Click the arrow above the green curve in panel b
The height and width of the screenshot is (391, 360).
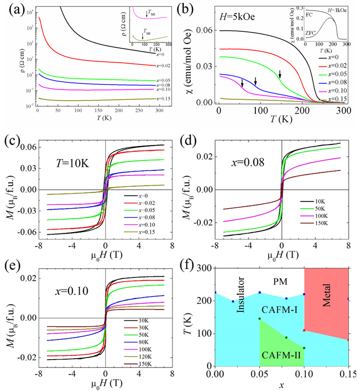coord(280,73)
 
